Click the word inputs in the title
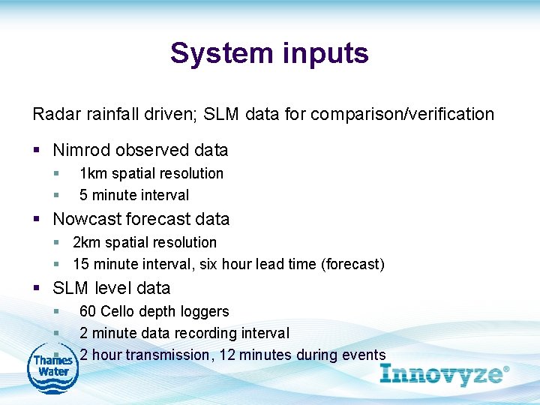(x=326, y=54)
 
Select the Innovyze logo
(x=445, y=373)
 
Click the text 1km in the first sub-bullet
(x=93, y=173)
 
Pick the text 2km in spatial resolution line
(x=87, y=242)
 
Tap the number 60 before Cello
(x=88, y=311)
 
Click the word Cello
(x=118, y=311)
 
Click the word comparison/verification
(x=402, y=114)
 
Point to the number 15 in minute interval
(x=81, y=264)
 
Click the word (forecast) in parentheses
(x=353, y=264)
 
